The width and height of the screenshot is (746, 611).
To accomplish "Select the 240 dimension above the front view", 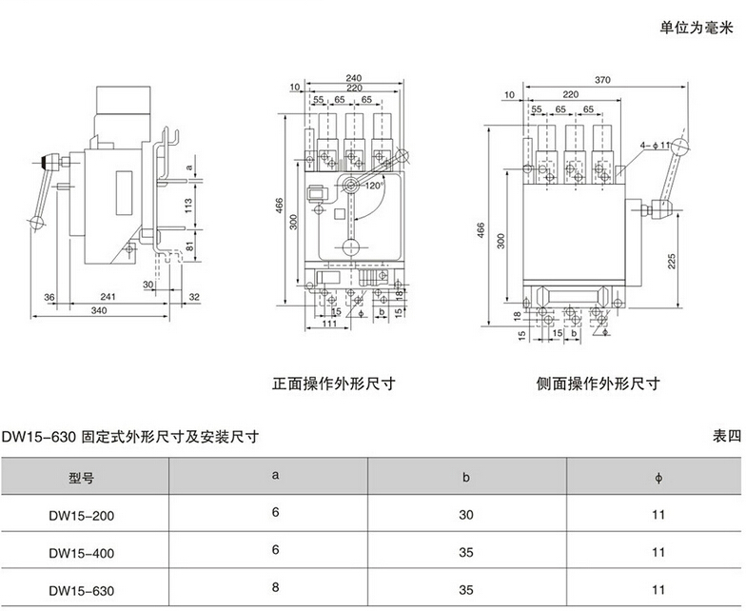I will [353, 78].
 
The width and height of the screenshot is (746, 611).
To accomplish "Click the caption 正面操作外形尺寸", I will [333, 384].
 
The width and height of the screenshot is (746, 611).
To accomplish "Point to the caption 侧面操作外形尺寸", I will [597, 384].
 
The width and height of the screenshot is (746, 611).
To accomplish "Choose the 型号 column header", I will [83, 478].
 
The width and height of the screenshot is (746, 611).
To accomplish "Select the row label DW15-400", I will [83, 552].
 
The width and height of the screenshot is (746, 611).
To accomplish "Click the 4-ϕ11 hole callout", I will [657, 144].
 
